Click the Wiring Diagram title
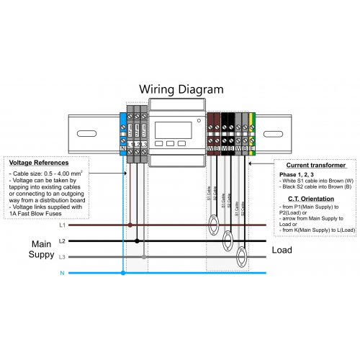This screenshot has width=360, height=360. tap(181, 89)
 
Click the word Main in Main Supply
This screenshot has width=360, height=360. tap(40, 243)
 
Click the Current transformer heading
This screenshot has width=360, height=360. tap(305, 165)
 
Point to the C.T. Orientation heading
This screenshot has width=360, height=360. tap(305, 198)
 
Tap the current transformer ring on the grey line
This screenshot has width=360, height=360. tap(242, 253)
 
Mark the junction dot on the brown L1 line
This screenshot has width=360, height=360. tap(130, 225)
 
